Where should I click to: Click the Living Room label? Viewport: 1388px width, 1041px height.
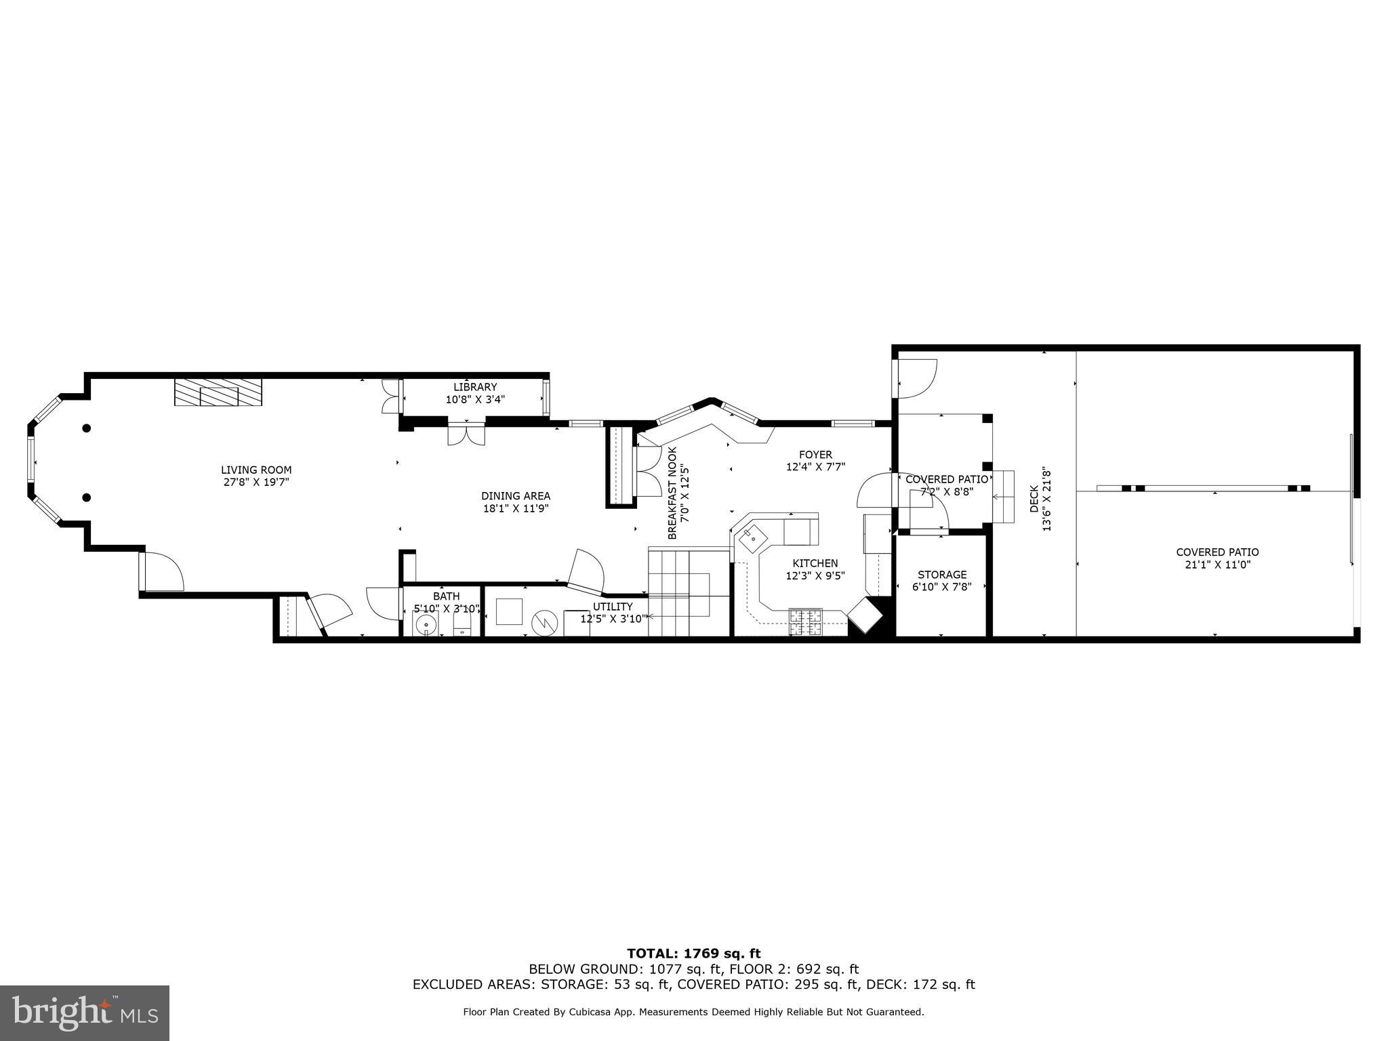click(x=256, y=470)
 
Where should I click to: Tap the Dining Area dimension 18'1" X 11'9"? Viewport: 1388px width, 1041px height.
click(x=516, y=508)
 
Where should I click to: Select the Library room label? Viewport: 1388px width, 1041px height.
click(x=475, y=387)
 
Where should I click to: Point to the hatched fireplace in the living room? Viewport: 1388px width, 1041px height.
click(x=218, y=392)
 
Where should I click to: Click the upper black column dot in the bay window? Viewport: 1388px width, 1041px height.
click(x=87, y=428)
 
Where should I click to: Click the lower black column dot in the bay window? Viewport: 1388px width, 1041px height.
click(x=87, y=497)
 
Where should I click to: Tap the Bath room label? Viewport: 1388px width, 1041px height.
click(x=446, y=596)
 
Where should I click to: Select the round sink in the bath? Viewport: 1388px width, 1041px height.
click(x=426, y=624)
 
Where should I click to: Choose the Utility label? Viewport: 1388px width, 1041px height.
click(x=613, y=607)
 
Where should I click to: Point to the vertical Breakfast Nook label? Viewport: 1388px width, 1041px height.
click(x=672, y=493)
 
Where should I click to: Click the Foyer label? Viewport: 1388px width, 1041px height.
click(x=815, y=455)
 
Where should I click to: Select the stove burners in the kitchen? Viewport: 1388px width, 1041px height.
click(x=805, y=622)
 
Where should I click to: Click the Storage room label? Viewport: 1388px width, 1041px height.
click(x=942, y=575)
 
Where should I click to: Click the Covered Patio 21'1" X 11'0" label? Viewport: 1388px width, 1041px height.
click(x=1217, y=552)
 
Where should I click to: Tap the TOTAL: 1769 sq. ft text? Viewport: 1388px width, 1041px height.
click(x=693, y=954)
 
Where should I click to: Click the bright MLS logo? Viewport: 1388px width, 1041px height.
click(x=85, y=1013)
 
